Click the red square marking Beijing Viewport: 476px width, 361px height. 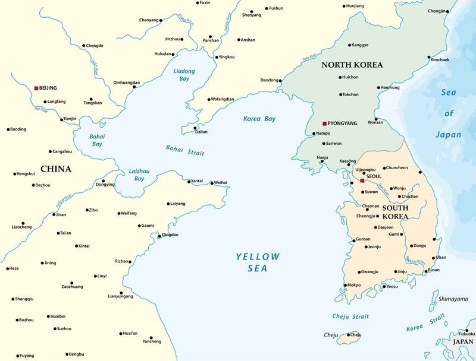[x=36, y=88]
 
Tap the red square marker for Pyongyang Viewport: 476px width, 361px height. [x=324, y=123]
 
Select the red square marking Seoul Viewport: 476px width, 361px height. [x=362, y=180]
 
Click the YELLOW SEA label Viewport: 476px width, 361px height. [x=257, y=262]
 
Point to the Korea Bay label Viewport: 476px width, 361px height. [x=259, y=119]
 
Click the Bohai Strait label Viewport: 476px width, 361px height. [x=185, y=150]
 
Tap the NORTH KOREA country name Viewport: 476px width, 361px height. [x=352, y=65]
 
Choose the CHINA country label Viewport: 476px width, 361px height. [x=56, y=169]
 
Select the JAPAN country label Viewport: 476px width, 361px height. [x=464, y=342]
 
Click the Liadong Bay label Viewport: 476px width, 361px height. [x=184, y=75]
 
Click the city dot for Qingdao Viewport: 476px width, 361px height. [x=159, y=236]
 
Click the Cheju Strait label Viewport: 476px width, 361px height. [x=352, y=317]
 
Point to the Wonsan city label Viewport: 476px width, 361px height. [x=375, y=122]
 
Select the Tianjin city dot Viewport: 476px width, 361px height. [x=61, y=119]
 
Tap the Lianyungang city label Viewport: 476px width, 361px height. [x=120, y=296]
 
